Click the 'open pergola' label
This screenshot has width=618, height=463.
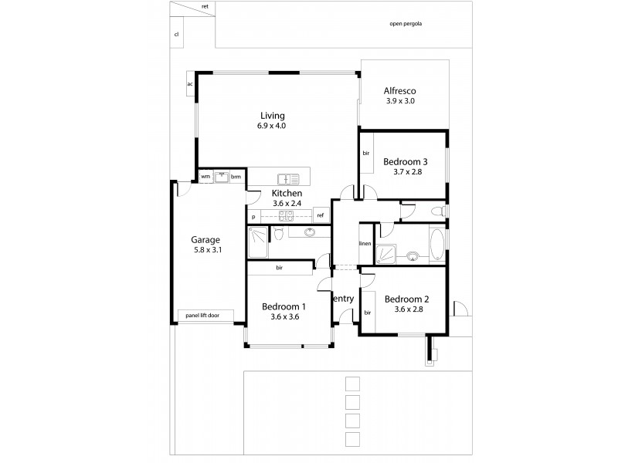click(x=406, y=24)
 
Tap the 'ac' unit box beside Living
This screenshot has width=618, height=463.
click(x=189, y=84)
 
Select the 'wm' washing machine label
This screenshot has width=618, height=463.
click(x=205, y=176)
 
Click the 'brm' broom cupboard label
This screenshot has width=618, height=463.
click(x=236, y=176)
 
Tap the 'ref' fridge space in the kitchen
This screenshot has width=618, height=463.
click(x=320, y=215)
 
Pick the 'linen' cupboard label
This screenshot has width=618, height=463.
click(x=365, y=245)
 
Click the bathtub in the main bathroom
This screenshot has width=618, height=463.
click(x=436, y=245)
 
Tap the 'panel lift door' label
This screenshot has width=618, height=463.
click(x=202, y=315)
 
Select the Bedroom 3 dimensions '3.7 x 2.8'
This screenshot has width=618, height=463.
click(x=406, y=174)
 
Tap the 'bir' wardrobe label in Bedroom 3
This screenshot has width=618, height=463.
click(x=366, y=154)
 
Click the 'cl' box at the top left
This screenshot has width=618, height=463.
click(x=176, y=35)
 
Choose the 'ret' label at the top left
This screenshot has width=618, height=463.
click(x=205, y=6)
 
